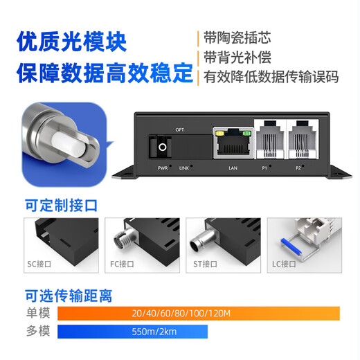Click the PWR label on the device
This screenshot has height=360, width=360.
[x=163, y=168]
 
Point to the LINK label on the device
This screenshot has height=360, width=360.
[x=183, y=168]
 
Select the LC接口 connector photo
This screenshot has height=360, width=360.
[x=303, y=242]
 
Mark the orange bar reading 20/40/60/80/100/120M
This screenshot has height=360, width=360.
[x=199, y=314]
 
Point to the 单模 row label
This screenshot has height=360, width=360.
[x=37, y=314]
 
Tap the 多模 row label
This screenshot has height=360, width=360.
[x=37, y=332]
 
